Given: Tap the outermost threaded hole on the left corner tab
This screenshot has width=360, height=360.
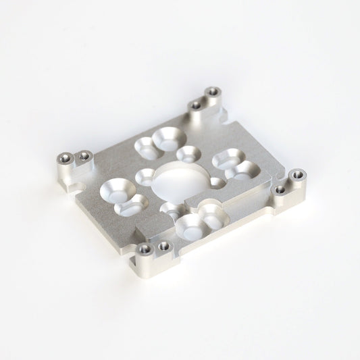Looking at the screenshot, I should pos(63,159).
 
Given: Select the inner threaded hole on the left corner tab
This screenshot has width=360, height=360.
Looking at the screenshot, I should pos(84,157).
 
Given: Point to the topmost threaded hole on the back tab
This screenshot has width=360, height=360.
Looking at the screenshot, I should pos(213,91).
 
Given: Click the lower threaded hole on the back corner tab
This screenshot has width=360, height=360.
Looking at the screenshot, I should pos(196,105).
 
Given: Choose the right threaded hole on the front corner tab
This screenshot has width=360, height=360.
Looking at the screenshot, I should pos(164,247).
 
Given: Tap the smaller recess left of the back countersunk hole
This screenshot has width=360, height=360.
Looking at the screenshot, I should pos(145,145).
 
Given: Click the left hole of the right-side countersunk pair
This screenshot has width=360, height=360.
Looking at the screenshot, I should pos(225,159).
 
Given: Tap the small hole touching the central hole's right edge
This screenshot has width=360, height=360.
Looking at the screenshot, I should pos(216,182).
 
